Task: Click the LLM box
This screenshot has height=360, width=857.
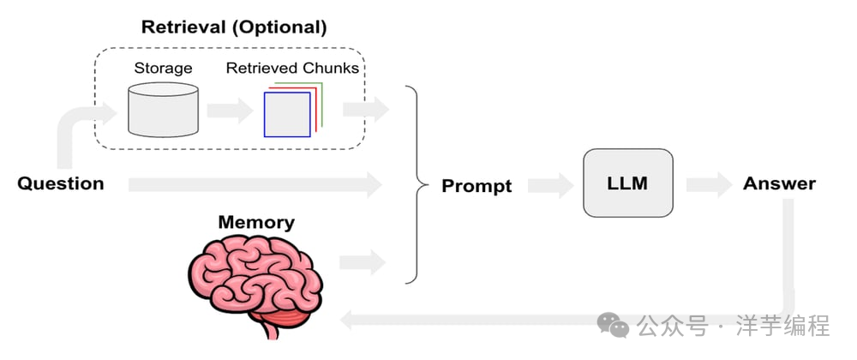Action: (628, 183)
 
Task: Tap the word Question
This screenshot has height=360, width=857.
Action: (60, 183)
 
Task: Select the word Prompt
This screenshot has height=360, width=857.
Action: (476, 186)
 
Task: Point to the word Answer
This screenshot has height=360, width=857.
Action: (779, 183)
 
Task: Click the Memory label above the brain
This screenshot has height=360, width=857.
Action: (256, 222)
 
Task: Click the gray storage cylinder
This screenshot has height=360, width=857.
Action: (163, 109)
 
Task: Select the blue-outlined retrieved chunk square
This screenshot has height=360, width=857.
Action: (287, 114)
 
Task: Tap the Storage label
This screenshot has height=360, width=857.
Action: (163, 69)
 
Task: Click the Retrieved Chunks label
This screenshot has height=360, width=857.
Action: (292, 69)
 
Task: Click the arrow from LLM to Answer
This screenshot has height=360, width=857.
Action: (710, 184)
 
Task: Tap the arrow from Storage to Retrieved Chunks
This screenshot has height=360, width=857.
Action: (230, 111)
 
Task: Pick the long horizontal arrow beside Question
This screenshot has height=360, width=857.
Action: (255, 184)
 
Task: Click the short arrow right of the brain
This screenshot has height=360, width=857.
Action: (363, 262)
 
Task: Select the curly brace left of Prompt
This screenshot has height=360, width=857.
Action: (418, 184)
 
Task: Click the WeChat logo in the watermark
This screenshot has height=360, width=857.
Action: (612, 326)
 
